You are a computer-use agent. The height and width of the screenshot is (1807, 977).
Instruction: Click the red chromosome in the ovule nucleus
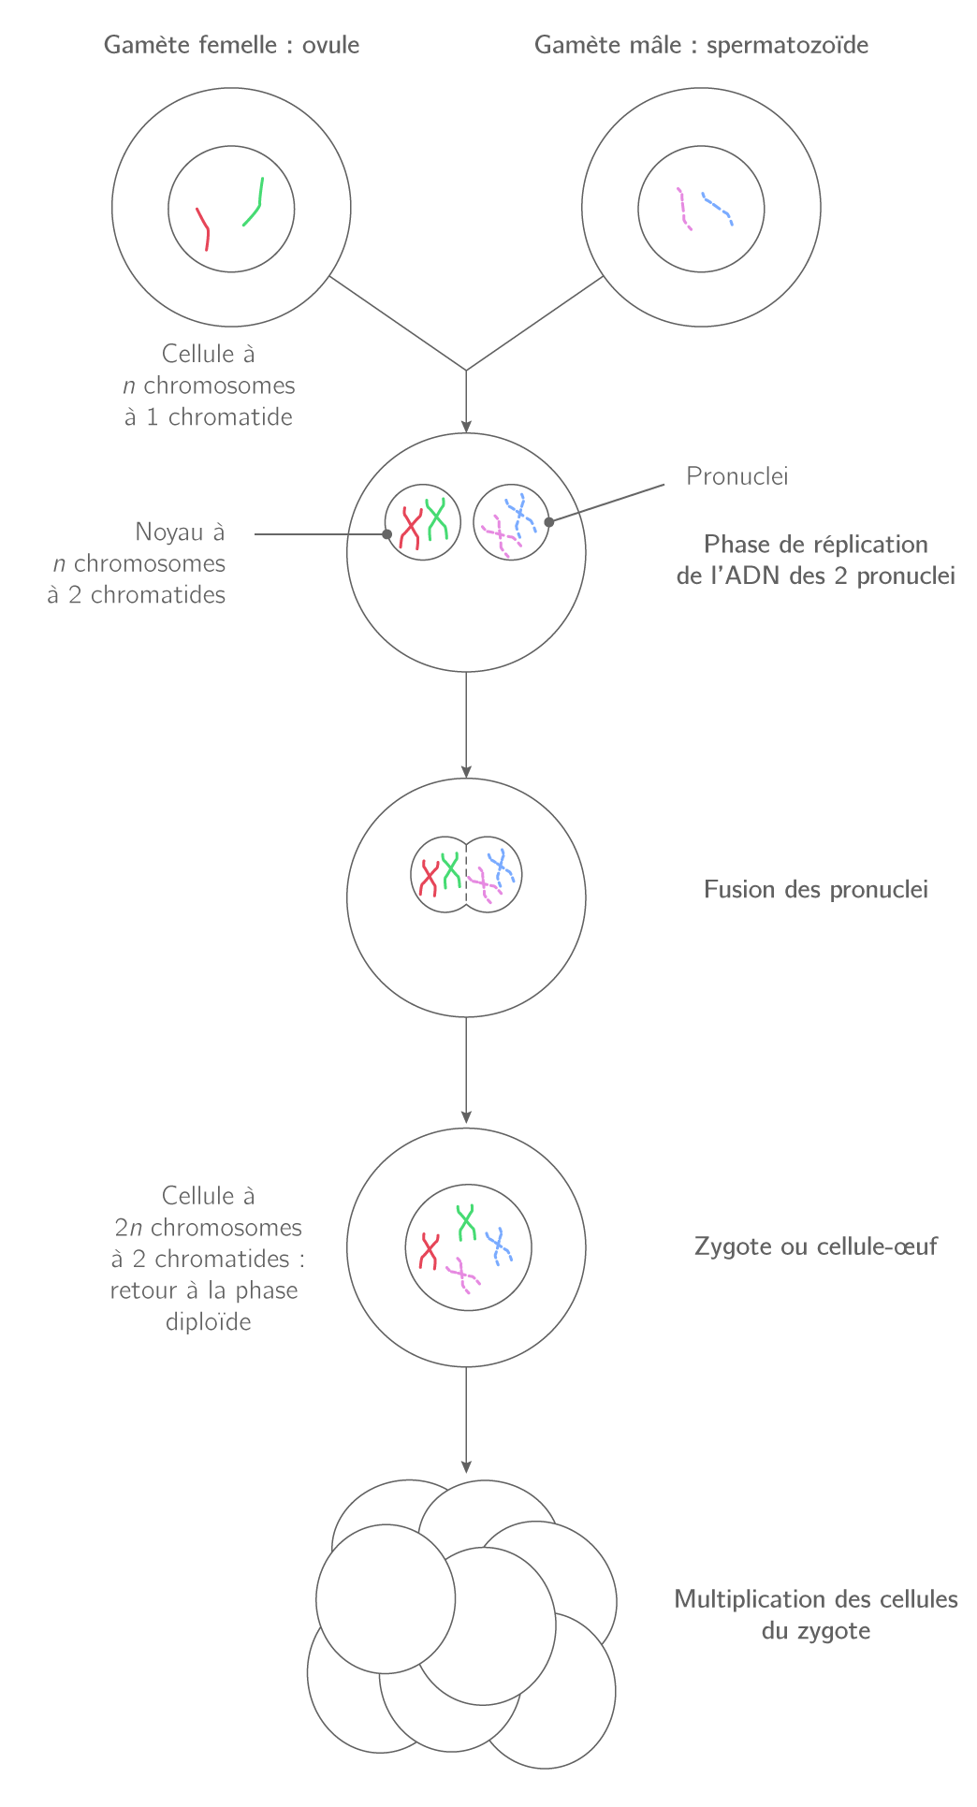click(x=203, y=228)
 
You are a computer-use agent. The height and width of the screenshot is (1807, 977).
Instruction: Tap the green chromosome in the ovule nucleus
click(x=255, y=204)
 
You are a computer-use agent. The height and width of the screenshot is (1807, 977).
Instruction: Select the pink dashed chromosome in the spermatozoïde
click(x=684, y=209)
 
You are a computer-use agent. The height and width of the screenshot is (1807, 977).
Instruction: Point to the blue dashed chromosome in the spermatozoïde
click(x=717, y=209)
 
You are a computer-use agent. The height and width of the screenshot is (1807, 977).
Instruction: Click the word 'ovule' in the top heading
click(x=330, y=45)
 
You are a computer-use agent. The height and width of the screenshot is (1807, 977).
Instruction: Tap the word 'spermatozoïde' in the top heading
click(x=787, y=45)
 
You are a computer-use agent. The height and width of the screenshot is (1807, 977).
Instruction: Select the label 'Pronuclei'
click(x=736, y=476)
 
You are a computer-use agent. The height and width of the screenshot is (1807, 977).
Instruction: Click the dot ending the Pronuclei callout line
click(x=549, y=521)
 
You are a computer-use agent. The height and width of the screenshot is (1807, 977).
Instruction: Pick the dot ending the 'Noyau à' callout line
click(x=386, y=534)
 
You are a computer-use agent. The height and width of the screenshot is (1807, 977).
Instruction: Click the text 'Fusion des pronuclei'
click(x=815, y=889)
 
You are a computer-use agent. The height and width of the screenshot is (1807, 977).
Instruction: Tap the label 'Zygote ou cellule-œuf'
click(x=815, y=1246)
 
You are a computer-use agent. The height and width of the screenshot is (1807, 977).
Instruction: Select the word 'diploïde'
click(x=208, y=1321)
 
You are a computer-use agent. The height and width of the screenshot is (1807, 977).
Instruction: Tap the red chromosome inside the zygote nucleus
click(x=430, y=1251)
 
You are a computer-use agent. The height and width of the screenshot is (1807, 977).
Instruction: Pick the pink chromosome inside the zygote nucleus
click(x=463, y=1275)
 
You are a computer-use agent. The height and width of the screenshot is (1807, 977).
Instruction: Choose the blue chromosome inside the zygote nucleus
click(x=498, y=1246)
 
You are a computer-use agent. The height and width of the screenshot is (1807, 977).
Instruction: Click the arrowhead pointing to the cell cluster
click(x=466, y=1466)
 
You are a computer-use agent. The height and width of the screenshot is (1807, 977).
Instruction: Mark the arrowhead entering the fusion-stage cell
click(x=466, y=771)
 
